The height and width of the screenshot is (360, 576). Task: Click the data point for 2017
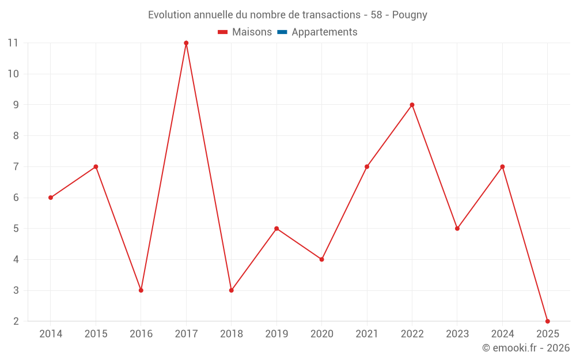186,43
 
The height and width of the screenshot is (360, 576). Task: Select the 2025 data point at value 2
547,321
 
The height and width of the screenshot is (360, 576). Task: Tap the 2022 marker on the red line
412,105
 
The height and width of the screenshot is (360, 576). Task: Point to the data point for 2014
51,198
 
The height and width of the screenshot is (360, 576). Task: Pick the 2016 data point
141,290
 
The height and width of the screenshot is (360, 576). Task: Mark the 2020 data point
321,259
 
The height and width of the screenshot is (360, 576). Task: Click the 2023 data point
457,229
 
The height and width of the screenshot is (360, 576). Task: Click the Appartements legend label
324,32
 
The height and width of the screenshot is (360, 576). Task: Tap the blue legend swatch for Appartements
282,32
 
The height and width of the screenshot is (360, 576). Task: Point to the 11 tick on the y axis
13,43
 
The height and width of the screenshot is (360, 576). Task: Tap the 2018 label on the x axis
231,334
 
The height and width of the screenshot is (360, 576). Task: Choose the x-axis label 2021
367,334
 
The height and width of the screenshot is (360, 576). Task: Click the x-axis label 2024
502,334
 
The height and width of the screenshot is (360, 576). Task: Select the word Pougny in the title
410,15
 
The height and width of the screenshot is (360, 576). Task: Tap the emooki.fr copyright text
525,348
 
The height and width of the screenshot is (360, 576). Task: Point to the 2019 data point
276,229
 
